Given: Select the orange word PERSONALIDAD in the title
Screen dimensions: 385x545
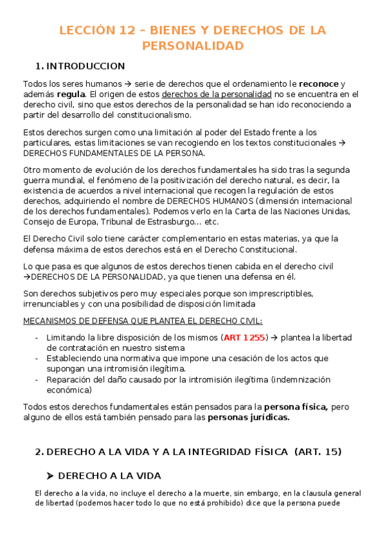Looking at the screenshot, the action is [193, 46].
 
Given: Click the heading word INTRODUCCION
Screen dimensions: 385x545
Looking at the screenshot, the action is [86, 66].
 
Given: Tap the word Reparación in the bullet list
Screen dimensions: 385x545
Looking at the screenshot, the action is [69, 380].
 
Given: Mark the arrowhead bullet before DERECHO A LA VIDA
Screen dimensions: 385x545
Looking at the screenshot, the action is [49, 476].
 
